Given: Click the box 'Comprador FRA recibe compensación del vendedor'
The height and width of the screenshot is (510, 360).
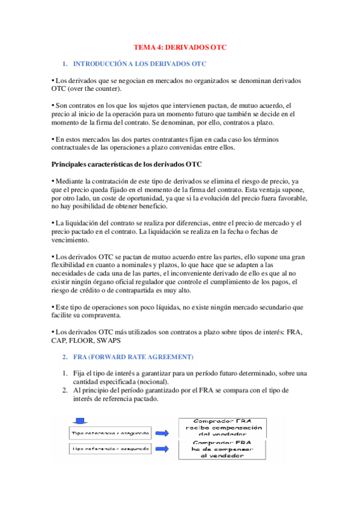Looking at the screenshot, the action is pyautogui.click(x=222, y=427).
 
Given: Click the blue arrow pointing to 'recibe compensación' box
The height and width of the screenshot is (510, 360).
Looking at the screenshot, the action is pyautogui.click(x=160, y=432).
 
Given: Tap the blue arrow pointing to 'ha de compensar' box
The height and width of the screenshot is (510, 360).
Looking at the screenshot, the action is pyautogui.click(x=160, y=449).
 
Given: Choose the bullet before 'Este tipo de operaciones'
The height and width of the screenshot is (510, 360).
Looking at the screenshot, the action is pyautogui.click(x=53, y=307).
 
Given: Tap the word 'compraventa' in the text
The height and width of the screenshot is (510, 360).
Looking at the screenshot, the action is pyautogui.click(x=102, y=315).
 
